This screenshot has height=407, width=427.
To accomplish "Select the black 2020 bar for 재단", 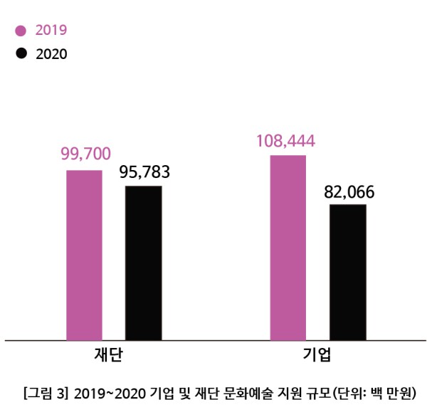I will point(143,263).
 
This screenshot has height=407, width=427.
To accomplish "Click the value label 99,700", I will point(85,154).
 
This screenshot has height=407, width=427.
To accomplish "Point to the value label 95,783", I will point(144,172).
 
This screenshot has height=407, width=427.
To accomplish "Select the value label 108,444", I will point(287,140).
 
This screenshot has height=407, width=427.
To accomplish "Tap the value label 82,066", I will point(349,192).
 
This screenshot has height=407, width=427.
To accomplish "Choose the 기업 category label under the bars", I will point(317,355).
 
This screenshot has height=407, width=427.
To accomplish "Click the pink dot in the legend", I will point(21,31).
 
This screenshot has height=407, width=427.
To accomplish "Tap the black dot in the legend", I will point(21,53).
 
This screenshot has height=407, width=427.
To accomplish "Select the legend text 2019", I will point(51,31).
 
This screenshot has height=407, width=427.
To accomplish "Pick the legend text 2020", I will point(51,54).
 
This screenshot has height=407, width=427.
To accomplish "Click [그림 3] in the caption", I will point(46,392).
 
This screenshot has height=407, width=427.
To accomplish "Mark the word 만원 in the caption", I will point(398,392).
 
